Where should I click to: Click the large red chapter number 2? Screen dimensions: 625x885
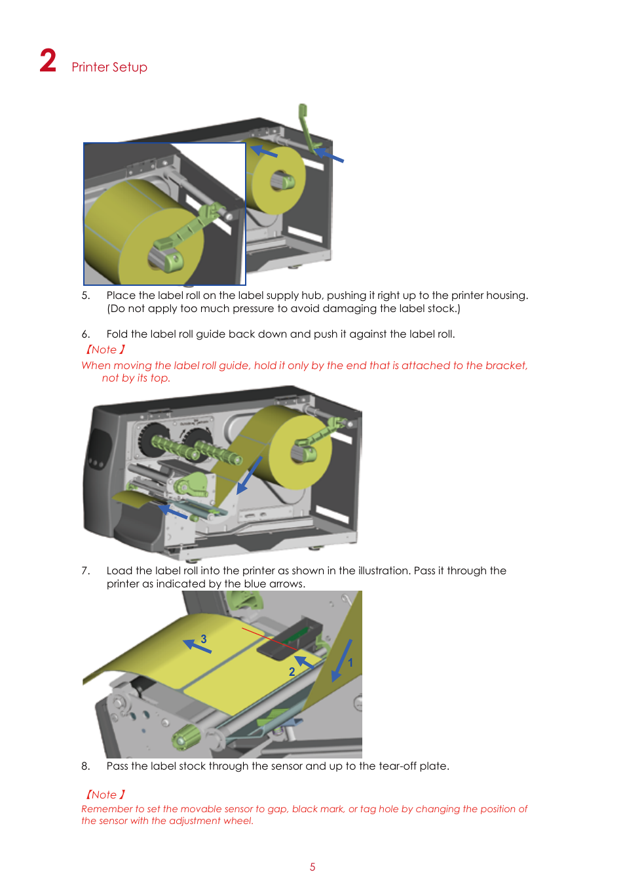pos(48,60)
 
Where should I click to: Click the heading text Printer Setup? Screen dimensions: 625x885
pos(109,67)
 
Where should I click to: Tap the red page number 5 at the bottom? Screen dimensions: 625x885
pos(312,867)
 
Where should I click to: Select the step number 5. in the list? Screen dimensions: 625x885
pos(86,296)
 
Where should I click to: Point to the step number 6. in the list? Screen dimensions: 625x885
pos(86,334)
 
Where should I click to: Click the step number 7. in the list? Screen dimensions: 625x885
pos(86,571)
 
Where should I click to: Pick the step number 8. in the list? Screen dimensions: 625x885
pos(86,766)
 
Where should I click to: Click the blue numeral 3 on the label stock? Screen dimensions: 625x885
pos(204,639)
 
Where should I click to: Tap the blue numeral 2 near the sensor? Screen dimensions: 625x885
pos(292,672)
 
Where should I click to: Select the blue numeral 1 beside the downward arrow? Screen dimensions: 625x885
pos(350,663)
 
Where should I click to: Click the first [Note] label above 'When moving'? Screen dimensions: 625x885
pos(105,349)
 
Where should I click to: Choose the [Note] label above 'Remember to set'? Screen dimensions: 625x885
pos(105,795)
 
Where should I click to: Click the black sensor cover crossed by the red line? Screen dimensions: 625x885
pos(290,639)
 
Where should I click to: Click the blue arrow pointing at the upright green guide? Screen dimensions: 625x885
pos(329,155)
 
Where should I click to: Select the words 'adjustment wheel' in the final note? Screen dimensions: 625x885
pos(210,821)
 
